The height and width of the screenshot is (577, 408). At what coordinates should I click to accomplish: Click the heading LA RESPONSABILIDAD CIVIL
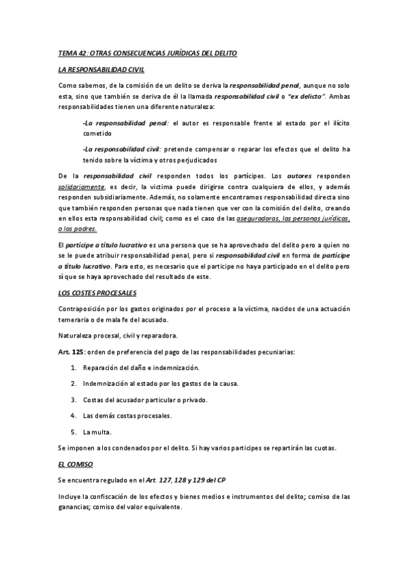(101, 69)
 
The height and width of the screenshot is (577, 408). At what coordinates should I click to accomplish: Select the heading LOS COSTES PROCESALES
(97, 293)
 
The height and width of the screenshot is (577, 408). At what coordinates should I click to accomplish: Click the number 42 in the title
(82, 52)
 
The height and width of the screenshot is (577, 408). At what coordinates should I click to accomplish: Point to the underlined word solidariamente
(81, 186)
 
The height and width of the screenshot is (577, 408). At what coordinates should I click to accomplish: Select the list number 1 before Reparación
(74, 367)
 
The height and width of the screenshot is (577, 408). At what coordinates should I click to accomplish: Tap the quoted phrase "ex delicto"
(306, 97)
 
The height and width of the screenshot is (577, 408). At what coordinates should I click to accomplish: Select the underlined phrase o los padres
(78, 229)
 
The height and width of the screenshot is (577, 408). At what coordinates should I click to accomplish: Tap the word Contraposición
(84, 309)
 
